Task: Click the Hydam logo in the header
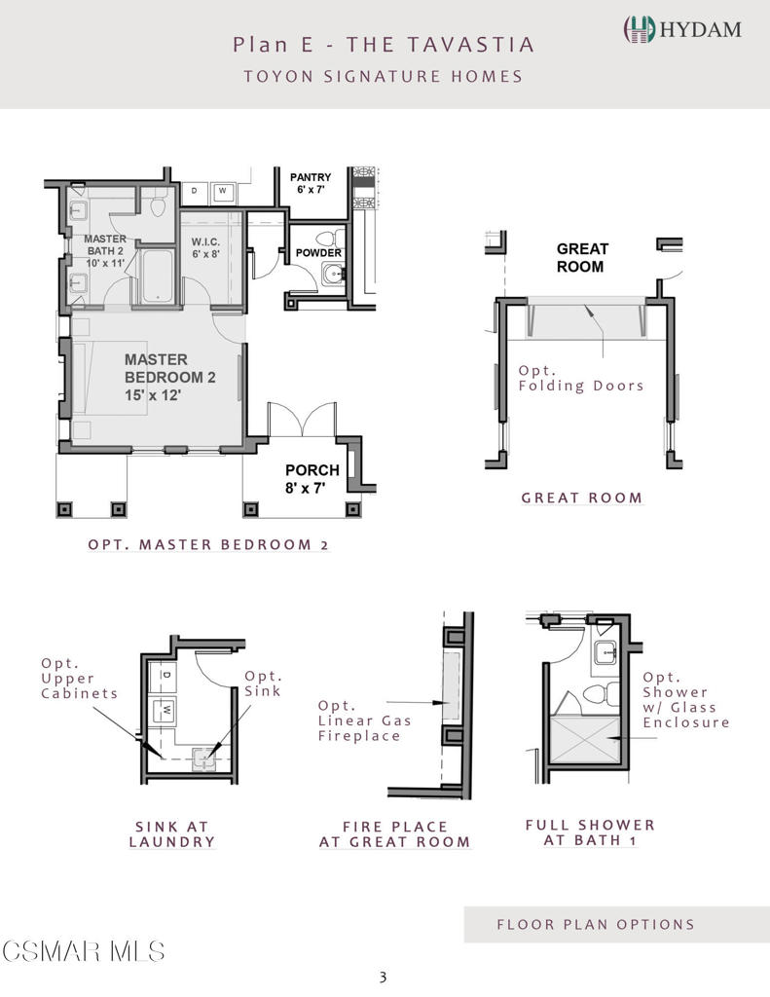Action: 682,29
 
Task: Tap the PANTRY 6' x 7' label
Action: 311,183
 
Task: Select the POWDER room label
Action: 318,252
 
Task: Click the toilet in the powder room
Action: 329,239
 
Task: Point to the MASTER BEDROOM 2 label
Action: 169,377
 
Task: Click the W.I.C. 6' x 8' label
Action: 205,248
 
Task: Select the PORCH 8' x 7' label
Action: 312,479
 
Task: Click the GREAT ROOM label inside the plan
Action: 582,257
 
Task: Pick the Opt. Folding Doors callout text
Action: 580,378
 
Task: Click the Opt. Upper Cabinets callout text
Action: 79,679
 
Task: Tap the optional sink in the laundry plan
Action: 204,759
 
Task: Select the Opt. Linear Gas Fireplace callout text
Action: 364,720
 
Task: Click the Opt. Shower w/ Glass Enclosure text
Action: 685,699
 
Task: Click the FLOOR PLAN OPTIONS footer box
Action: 617,925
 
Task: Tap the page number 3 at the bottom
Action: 383,977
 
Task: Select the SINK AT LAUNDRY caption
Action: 171,834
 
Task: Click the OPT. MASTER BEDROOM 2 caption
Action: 208,545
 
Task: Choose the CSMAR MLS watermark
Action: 84,951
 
